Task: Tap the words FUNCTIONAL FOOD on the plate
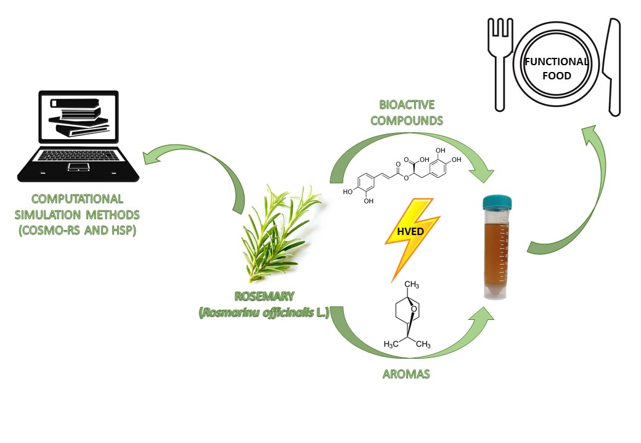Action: [x=556, y=69]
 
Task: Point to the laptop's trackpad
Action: [x=77, y=167]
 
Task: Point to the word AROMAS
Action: [x=404, y=373]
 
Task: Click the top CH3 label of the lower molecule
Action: [x=412, y=284]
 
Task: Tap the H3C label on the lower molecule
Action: [x=391, y=344]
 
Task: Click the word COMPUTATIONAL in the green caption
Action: [x=77, y=199]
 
